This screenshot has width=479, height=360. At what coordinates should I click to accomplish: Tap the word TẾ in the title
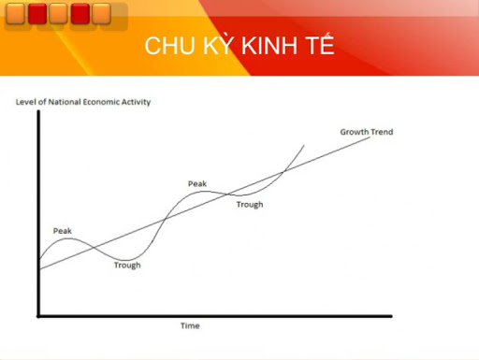pyautogui.click(x=319, y=48)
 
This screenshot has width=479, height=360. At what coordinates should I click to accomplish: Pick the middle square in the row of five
pyautogui.click(x=58, y=13)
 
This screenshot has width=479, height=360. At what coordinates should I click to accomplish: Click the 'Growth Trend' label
pyautogui.click(x=366, y=132)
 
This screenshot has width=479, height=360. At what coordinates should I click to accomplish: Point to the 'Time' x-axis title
pyautogui.click(x=190, y=325)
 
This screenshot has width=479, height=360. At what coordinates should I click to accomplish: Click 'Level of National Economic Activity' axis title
pyautogui.click(x=82, y=101)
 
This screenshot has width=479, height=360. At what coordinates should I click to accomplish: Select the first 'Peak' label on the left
pyautogui.click(x=62, y=230)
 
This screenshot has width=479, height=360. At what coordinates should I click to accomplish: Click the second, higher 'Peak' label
pyautogui.click(x=196, y=183)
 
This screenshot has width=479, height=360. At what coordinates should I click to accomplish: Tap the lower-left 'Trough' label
pyautogui.click(x=127, y=265)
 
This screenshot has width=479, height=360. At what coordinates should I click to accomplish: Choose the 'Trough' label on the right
pyautogui.click(x=250, y=204)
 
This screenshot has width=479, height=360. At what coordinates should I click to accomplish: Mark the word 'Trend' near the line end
pyautogui.click(x=381, y=132)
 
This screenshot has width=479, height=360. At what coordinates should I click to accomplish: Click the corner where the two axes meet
pyautogui.click(x=37, y=315)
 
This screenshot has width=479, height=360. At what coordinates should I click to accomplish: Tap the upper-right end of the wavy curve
pyautogui.click(x=305, y=146)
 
